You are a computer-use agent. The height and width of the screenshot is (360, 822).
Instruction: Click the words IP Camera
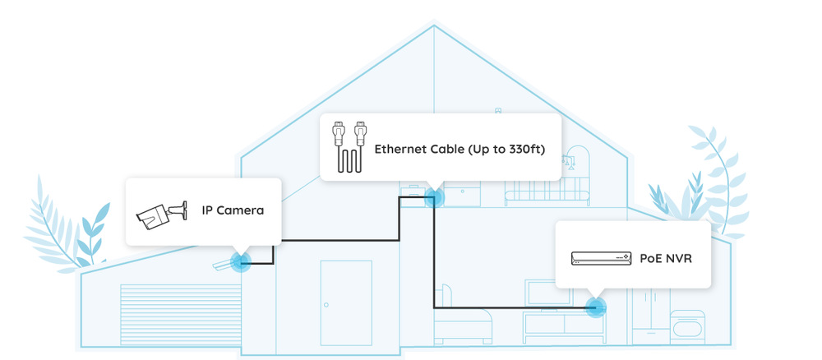pyautogui.click(x=233, y=210)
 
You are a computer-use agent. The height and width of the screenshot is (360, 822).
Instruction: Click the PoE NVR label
pyautogui.click(x=666, y=258)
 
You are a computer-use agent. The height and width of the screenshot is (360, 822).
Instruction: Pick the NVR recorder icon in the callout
pyautogui.click(x=601, y=258)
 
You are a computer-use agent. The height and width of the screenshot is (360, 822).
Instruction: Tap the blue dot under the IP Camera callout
pyautogui.click(x=240, y=262)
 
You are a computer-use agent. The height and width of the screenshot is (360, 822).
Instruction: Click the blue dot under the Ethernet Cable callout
pyautogui.click(x=433, y=197)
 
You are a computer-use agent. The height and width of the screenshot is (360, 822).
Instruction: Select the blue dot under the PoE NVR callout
pyautogui.click(x=595, y=307)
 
